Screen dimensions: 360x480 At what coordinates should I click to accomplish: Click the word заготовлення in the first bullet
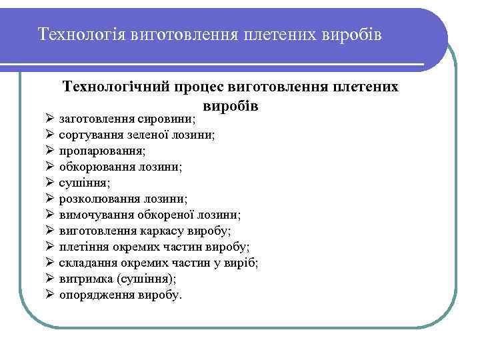[95, 119]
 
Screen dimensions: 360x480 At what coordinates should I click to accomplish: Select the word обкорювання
[97, 167]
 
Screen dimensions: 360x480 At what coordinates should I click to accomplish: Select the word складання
[85, 263]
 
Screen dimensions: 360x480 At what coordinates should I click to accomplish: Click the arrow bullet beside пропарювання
[50, 151]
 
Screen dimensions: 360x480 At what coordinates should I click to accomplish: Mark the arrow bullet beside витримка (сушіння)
[50, 279]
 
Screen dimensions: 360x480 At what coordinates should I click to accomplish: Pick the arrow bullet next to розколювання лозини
[50, 199]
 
